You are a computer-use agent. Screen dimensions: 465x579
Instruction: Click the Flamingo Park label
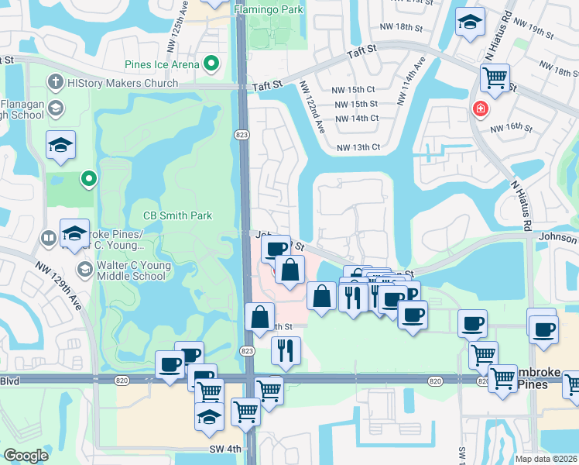[x=268, y=9]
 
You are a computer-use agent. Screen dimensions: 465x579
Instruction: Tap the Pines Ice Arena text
[x=159, y=64]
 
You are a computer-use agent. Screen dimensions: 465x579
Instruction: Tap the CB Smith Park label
[x=177, y=215]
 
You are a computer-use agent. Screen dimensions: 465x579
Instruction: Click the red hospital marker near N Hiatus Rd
[x=481, y=109]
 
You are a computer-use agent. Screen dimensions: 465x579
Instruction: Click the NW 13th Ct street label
[x=358, y=147]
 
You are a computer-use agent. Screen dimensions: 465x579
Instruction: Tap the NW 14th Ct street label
[x=357, y=119]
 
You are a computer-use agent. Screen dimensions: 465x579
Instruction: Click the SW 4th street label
[x=224, y=449]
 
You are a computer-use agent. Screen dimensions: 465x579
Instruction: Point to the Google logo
[x=26, y=456]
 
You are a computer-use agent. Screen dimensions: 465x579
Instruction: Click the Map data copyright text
[x=546, y=459]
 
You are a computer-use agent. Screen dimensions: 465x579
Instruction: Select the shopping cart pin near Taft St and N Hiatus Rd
[x=495, y=78]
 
